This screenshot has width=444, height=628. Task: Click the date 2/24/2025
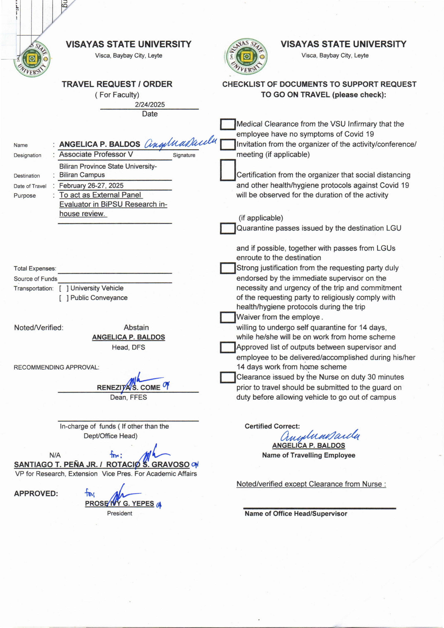tap(150, 105)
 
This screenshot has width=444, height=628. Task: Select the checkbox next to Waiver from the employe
tap(228, 317)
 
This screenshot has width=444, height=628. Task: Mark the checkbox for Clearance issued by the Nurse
tap(228, 377)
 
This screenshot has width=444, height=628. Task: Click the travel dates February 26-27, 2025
tap(91, 186)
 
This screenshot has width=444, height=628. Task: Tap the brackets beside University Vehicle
tap(64, 288)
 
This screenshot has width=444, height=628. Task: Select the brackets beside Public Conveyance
tap(64, 298)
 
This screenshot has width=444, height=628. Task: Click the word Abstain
tap(136, 328)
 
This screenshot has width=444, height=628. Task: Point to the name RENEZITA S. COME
tap(128, 387)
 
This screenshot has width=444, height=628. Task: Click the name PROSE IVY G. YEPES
tap(120, 504)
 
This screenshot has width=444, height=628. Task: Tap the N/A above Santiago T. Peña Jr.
tap(55, 455)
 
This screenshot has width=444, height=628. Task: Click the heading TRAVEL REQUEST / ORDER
tap(117, 84)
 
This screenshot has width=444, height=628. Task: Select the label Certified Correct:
tap(272, 426)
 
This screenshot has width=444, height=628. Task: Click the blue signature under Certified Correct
tap(320, 435)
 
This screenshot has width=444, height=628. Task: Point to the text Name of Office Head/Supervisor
tap(296, 514)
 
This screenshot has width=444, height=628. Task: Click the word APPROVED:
tap(36, 494)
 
